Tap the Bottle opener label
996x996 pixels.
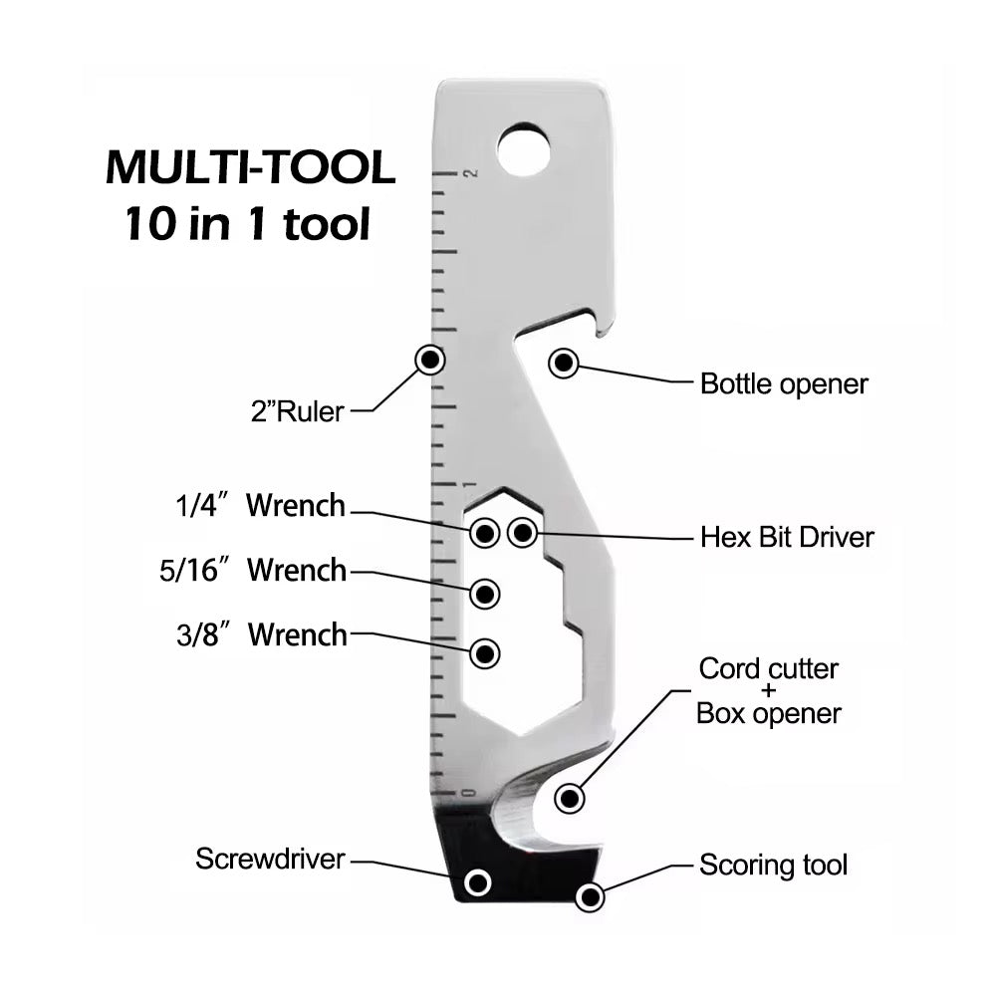click(784, 383)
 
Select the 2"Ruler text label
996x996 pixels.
click(296, 409)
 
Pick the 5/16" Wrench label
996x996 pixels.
click(253, 571)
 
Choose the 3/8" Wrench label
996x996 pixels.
click(262, 634)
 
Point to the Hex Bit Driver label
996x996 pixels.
click(787, 538)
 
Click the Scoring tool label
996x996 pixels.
click(773, 865)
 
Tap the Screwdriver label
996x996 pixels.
click(270, 859)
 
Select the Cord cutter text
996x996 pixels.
click(768, 668)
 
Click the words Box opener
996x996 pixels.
click(768, 713)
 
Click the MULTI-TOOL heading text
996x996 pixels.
click(250, 167)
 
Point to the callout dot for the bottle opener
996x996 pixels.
click(564, 364)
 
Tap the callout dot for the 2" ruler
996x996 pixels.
click(430, 360)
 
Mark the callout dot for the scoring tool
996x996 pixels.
click(591, 897)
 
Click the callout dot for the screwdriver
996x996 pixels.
click(479, 881)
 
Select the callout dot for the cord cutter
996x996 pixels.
click(570, 797)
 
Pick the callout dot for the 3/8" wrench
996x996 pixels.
click(485, 653)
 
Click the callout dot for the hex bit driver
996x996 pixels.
click(522, 533)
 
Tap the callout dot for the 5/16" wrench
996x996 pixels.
click(485, 594)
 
